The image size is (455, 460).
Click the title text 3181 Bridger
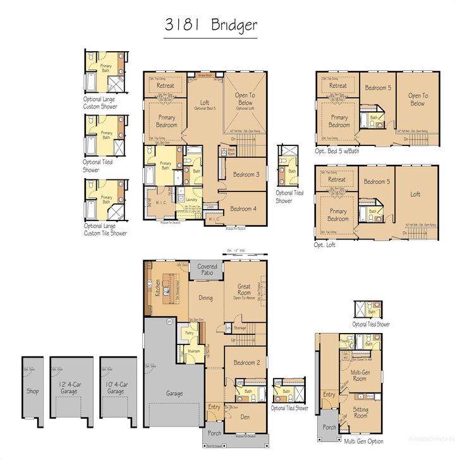210,25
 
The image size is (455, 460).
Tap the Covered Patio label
207,270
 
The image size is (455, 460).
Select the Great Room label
244,290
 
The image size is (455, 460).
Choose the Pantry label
189,332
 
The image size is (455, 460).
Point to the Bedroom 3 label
245,174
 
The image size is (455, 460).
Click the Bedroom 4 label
243,209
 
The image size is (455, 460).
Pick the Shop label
32,391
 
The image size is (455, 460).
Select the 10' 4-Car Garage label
116,387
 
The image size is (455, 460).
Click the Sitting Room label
360,413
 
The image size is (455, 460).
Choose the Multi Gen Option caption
364,441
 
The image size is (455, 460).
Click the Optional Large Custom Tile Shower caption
105,229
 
